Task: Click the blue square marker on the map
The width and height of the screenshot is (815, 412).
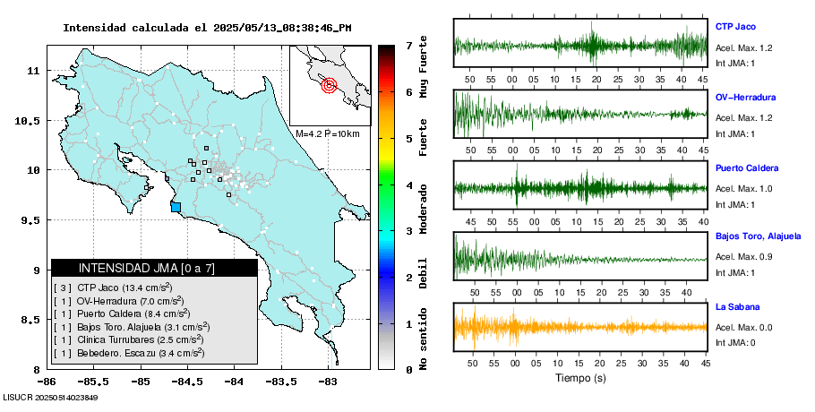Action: click(176, 207)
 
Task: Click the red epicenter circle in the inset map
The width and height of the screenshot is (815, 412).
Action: click(329, 86)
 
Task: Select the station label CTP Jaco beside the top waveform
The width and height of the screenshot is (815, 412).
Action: click(736, 26)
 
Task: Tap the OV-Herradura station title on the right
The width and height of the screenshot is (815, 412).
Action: click(745, 97)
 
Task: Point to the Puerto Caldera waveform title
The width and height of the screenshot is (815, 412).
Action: click(747, 168)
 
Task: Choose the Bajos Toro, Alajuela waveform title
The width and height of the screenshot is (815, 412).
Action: click(758, 237)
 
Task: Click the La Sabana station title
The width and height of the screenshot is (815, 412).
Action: click(736, 307)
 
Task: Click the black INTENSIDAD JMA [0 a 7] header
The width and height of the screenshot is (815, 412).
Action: click(153, 268)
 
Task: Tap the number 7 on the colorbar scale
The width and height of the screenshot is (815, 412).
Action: click(407, 45)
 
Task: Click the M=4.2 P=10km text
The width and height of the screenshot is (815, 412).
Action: click(327, 134)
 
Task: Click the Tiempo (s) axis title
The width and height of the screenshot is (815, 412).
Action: click(579, 379)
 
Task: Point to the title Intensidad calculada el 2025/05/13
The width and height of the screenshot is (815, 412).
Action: click(207, 27)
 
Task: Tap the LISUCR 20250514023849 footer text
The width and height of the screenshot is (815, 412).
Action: click(50, 397)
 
